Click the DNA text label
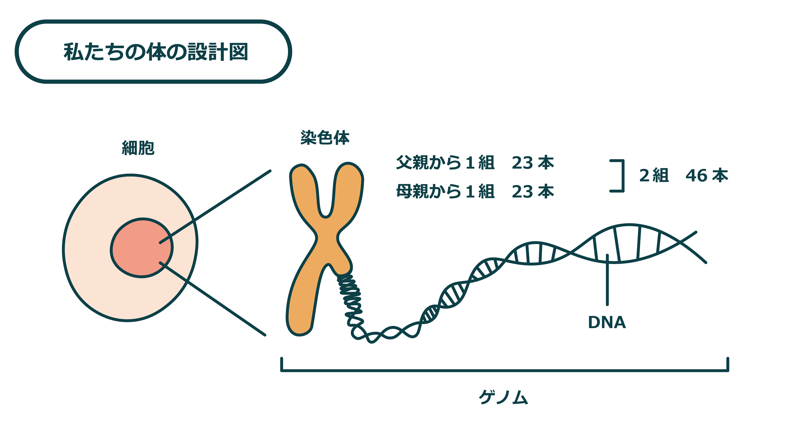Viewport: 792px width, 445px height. [607, 322]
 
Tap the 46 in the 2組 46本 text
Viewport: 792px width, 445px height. [696, 175]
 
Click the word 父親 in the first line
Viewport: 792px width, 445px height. [412, 163]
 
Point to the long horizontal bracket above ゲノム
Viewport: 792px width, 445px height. [504, 370]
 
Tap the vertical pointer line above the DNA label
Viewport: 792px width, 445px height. [607, 280]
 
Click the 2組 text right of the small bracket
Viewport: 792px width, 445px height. [654, 175]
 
